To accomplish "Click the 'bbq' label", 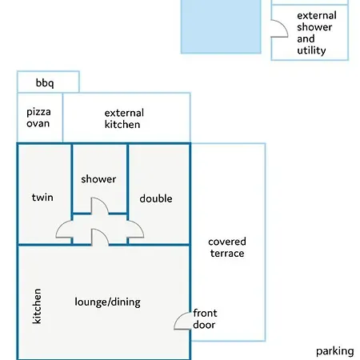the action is [45, 83].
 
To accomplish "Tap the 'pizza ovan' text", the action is [38, 118].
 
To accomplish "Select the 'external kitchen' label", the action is [124, 118].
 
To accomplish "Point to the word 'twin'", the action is [42, 198].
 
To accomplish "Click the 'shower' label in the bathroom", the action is [98, 179].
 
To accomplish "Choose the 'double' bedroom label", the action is [156, 198].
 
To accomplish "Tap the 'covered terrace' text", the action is [227, 247].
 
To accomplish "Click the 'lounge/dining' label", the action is [107, 302].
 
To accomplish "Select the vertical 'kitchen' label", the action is [37, 306].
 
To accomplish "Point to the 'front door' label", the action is [205, 319].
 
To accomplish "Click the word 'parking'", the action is [335, 351].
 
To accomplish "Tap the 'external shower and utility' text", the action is [317, 33].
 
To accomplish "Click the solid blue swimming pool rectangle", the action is [221, 26].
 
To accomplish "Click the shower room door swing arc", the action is [103, 202].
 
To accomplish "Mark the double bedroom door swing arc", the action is [139, 226].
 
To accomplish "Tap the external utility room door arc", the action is [283, 24].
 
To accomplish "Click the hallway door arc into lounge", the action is [103, 233].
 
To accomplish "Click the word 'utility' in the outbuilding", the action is [311, 50].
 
